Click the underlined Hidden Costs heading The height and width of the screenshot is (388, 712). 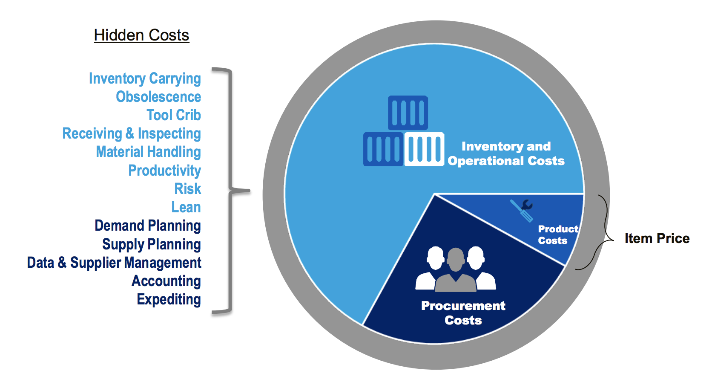[x=141, y=35]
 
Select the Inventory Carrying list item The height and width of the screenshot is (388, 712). [x=145, y=78]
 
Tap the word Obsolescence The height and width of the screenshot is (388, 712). [x=158, y=97]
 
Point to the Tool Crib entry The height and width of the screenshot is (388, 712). [x=174, y=115]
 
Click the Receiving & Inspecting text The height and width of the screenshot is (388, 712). [x=132, y=134]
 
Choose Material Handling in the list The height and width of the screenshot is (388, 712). [x=149, y=152]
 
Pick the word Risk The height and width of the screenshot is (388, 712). [x=187, y=189]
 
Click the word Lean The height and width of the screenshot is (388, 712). [x=186, y=207]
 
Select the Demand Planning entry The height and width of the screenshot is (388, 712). [x=148, y=226]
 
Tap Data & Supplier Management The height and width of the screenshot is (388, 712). [x=114, y=263]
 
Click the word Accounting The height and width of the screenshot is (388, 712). [x=166, y=281]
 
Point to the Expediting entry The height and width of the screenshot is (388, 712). [x=169, y=299]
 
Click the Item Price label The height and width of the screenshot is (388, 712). [x=657, y=238]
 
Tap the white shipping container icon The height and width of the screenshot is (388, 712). [x=424, y=149]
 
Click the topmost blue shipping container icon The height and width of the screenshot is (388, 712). [x=408, y=113]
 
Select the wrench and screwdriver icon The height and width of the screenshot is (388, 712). [x=522, y=210]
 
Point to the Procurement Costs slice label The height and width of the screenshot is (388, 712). [x=463, y=313]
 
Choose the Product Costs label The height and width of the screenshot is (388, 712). [x=558, y=235]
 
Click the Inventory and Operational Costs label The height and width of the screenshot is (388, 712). [x=506, y=153]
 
